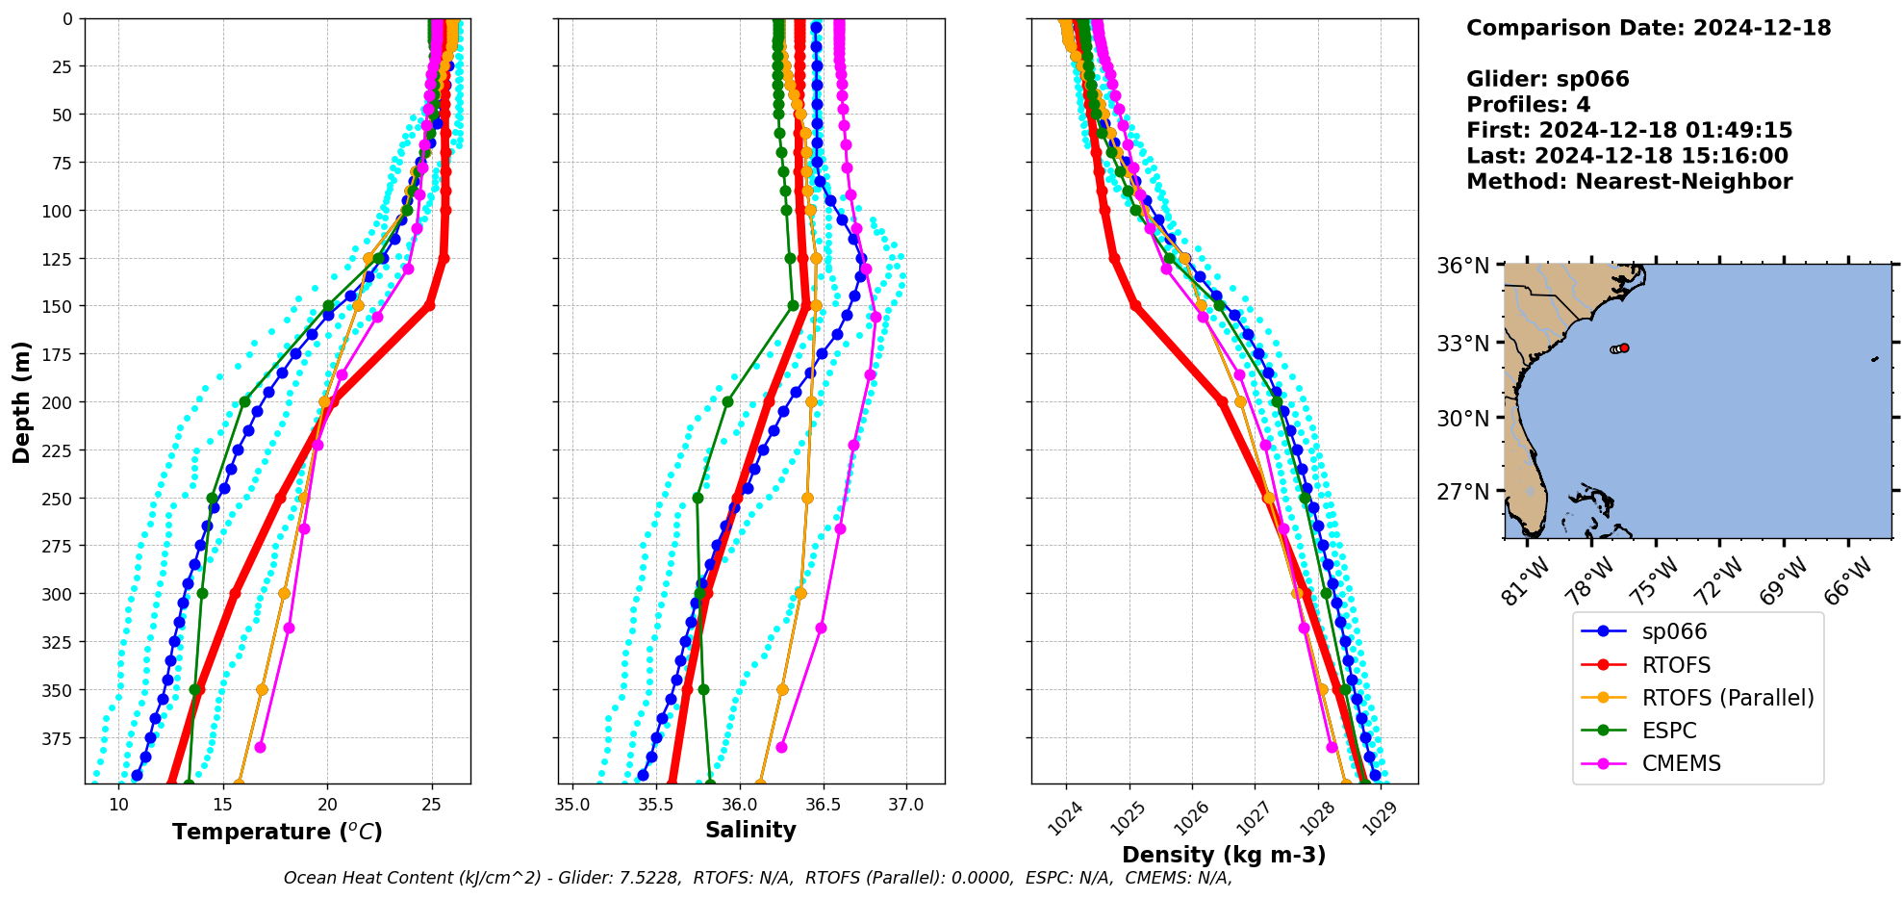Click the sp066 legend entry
pos(1674,632)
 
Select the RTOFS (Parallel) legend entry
pos(1728,698)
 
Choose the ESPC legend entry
pos(1669,731)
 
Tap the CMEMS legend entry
pos(1681,763)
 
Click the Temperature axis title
pos(277,832)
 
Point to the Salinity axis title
pos(750,830)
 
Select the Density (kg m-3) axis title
pos(1224,855)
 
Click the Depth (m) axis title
pos(22,401)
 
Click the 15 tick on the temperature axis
pos(222,804)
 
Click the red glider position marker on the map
pos(1624,348)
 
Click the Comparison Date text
pos(1648,28)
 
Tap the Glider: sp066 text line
pos(1547,79)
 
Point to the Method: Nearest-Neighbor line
pos(1629,182)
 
